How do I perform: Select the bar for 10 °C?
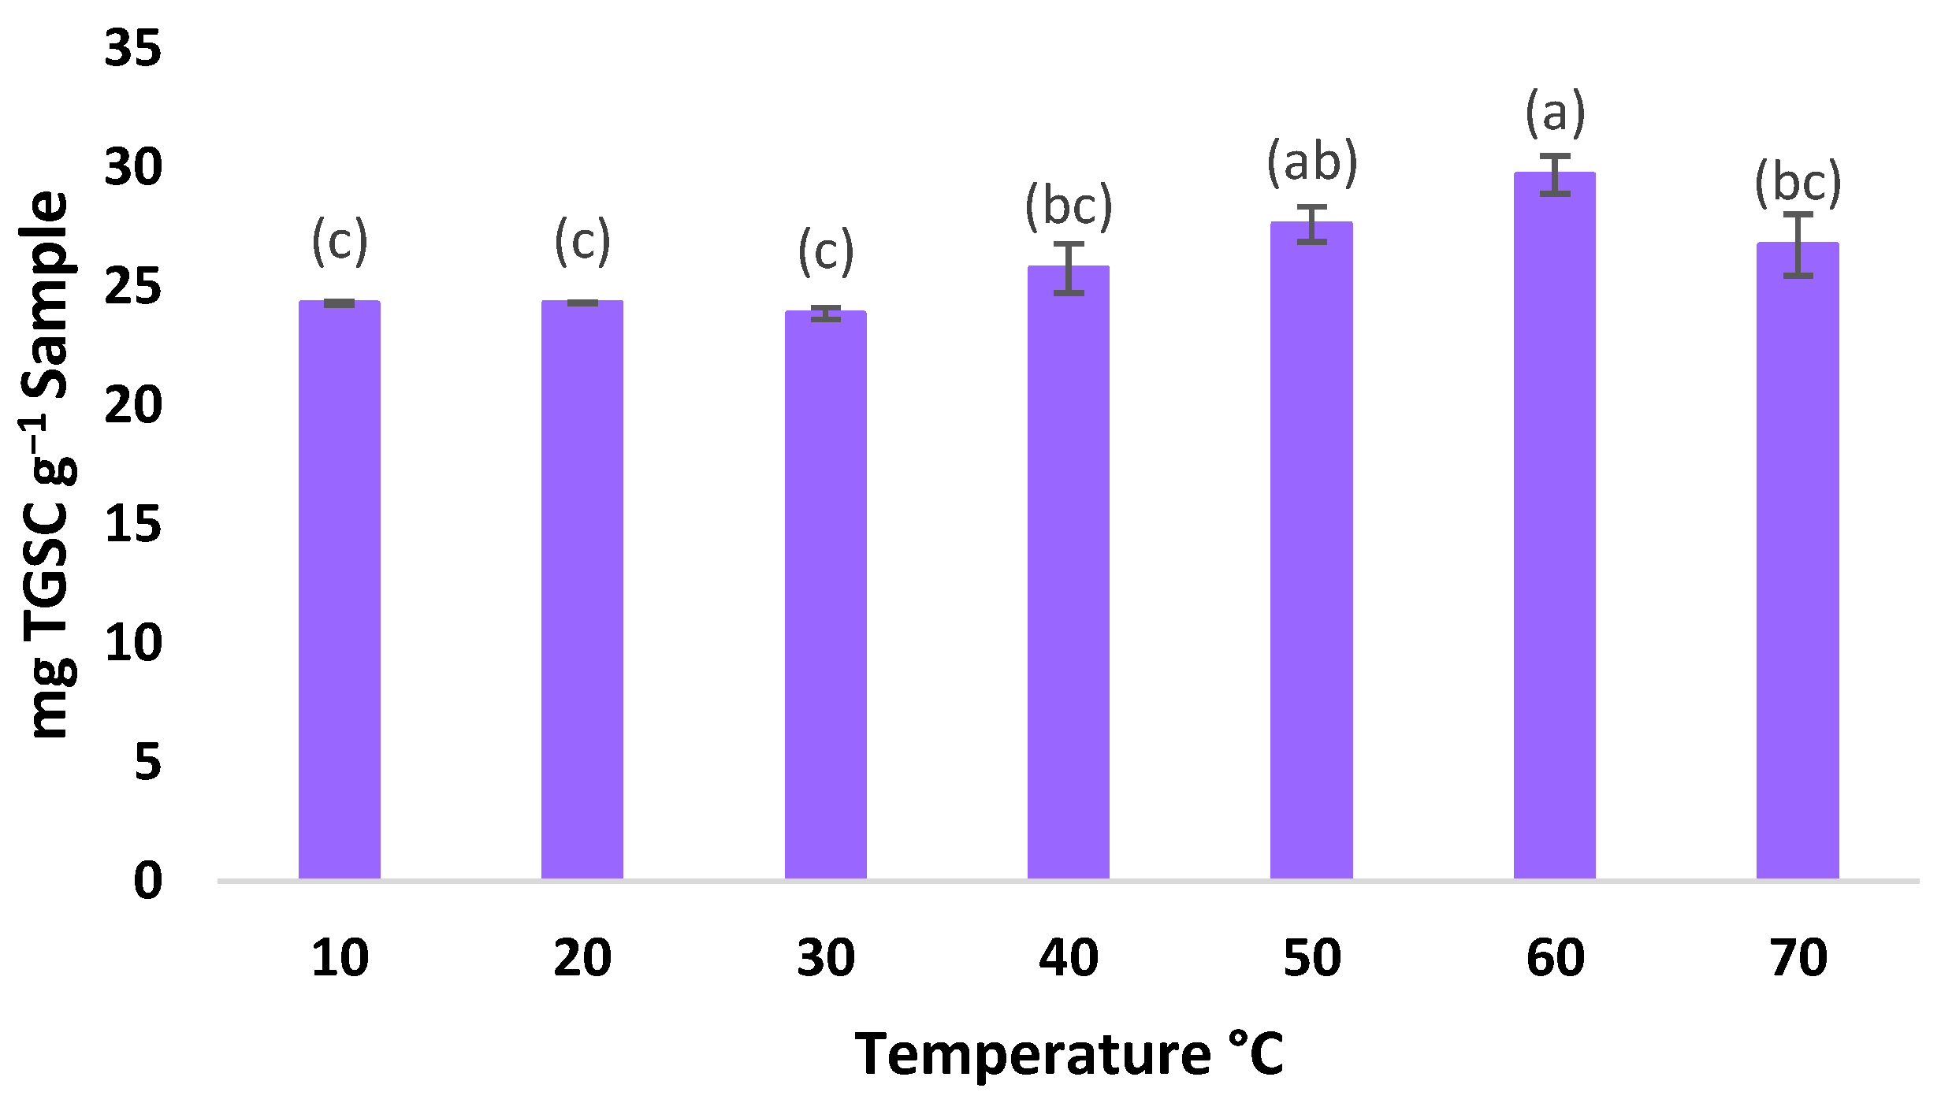pos(340,591)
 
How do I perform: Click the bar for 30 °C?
pos(825,596)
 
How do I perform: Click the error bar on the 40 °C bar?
pos(1069,269)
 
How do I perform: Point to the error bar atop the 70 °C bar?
pos(1798,245)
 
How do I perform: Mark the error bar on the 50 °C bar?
pos(1311,225)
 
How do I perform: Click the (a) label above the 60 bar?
pos(1555,113)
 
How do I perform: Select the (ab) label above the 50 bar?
pos(1312,163)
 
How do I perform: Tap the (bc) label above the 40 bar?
pos(1069,206)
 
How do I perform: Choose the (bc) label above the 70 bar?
pos(1798,183)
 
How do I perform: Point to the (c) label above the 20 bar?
pos(582,241)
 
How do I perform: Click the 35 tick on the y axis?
pos(132,48)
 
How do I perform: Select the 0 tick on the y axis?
pos(147,881)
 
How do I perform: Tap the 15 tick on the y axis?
pos(132,524)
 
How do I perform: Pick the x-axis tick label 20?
pos(582,959)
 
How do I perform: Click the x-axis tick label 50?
pos(1312,959)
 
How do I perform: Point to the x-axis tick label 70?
pos(1798,959)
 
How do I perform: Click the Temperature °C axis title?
pos(1069,1054)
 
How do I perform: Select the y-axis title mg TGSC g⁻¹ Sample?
pos(47,465)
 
